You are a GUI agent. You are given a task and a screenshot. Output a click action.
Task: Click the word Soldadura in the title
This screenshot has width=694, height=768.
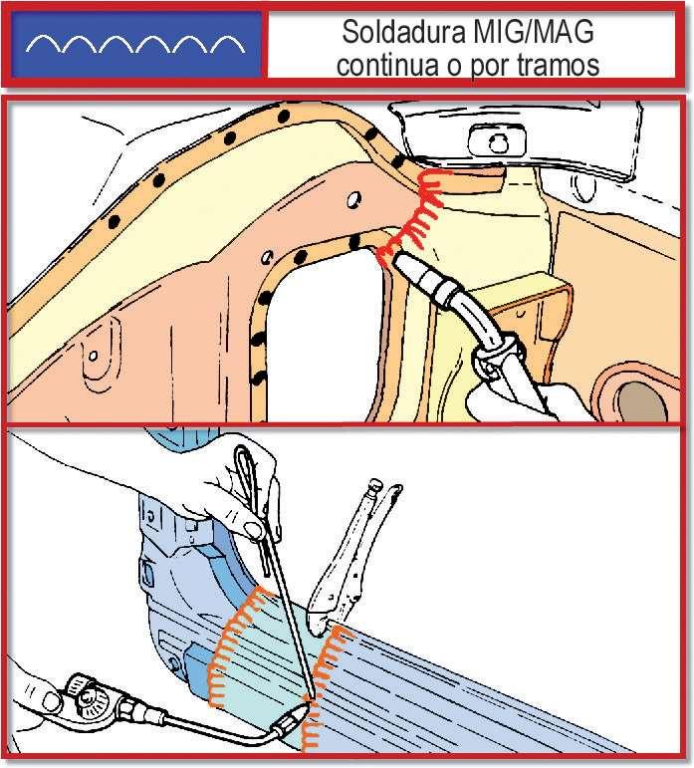coord(404,32)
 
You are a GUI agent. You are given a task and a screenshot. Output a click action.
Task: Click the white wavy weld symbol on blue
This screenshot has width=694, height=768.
coord(135,44)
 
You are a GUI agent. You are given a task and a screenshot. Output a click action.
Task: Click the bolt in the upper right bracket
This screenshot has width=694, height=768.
coord(498,144)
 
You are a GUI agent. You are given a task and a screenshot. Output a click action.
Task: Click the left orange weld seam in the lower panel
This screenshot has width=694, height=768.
coord(235,646)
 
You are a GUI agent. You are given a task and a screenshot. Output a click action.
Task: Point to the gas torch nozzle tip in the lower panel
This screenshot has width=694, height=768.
coord(303,707)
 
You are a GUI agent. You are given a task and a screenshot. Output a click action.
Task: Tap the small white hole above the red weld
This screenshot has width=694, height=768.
coord(353,199)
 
